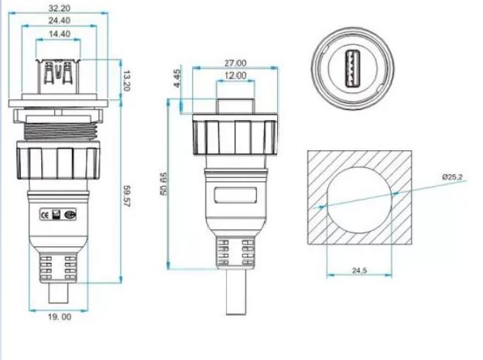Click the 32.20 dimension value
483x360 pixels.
tap(60, 8)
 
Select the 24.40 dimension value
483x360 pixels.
tap(60, 21)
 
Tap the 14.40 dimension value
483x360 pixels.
tap(60, 33)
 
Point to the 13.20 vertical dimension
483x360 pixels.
tap(126, 81)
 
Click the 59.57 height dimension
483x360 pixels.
tap(127, 197)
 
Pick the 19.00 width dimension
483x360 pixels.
tap(60, 317)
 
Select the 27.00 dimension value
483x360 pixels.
tap(235, 63)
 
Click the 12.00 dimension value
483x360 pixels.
tap(235, 76)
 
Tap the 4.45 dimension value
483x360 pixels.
tap(177, 78)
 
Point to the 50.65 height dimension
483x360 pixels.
tap(163, 184)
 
